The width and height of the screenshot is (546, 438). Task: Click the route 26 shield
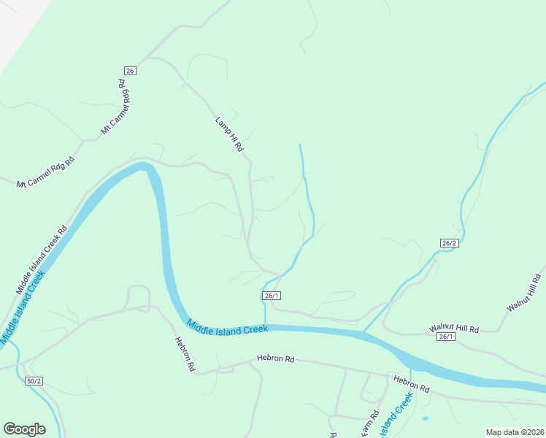click(130, 71)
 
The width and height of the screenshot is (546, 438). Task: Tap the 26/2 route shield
click(450, 243)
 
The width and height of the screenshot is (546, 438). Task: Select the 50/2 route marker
click(34, 381)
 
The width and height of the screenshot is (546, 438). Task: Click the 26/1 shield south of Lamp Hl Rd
click(272, 295)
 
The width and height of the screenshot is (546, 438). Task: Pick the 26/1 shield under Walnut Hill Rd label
click(446, 337)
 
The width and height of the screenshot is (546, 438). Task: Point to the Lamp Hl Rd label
click(229, 134)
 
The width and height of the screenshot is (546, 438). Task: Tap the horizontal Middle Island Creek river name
click(226, 328)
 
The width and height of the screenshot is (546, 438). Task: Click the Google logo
click(25, 429)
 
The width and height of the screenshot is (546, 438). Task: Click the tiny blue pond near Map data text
click(425, 418)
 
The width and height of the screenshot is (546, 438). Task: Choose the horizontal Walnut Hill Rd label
click(454, 329)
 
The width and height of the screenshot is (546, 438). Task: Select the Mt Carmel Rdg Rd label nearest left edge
click(46, 172)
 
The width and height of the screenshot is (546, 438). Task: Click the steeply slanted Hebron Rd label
click(185, 354)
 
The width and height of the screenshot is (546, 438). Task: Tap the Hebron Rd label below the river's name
click(275, 358)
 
